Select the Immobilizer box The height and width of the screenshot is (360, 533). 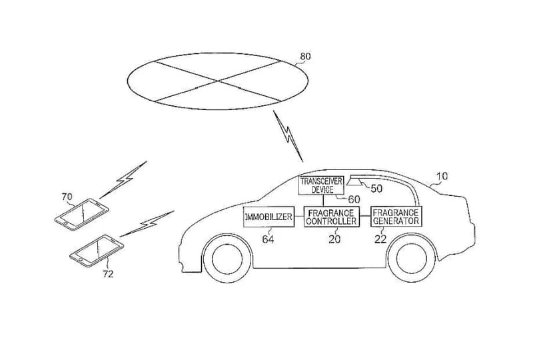click(x=268, y=217)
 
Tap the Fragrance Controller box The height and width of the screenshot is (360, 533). click(x=331, y=217)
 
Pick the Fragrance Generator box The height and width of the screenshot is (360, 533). click(x=396, y=217)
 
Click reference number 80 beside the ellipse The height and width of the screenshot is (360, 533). click(x=305, y=56)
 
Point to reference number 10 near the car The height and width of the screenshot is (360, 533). click(x=442, y=176)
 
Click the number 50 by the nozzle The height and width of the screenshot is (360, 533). click(x=376, y=189)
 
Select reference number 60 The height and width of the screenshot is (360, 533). click(x=354, y=199)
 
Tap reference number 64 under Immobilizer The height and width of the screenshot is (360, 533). click(x=268, y=239)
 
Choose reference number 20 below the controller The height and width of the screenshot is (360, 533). click(x=334, y=239)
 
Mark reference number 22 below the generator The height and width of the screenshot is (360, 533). click(x=380, y=239)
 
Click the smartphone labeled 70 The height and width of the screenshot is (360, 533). click(x=81, y=215)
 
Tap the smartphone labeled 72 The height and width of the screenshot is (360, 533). click(x=97, y=251)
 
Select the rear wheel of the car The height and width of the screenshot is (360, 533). click(x=412, y=258)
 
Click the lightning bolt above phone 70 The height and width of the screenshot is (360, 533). click(x=123, y=179)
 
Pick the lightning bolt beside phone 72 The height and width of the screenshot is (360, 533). click(x=147, y=223)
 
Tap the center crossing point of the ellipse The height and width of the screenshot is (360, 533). click(x=218, y=81)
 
